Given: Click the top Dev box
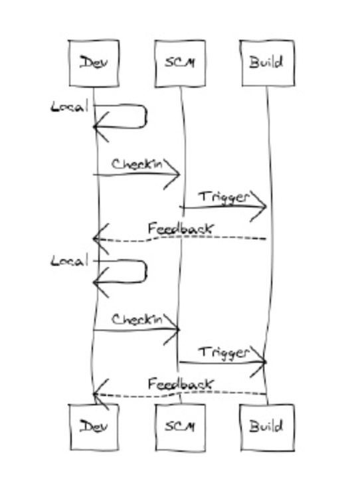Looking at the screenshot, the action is [x=94, y=63].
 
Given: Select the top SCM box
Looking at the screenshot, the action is [x=180, y=63].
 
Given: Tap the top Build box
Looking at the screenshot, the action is [x=267, y=63].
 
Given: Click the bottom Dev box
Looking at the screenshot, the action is [x=94, y=427].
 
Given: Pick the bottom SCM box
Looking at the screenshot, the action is [x=180, y=427].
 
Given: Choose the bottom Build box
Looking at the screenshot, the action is [x=267, y=427].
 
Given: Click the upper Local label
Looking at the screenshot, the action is [x=69, y=106].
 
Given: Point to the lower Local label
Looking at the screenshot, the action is [x=69, y=261].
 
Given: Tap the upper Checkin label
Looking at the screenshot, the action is [x=137, y=164].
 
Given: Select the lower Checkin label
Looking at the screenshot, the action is [x=137, y=319].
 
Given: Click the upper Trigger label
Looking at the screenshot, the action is [x=224, y=197].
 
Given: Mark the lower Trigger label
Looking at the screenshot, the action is [x=224, y=353].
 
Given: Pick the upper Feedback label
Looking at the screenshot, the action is [x=180, y=229].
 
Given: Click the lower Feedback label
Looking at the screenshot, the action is [x=180, y=384].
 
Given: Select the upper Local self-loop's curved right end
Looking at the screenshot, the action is [x=146, y=116].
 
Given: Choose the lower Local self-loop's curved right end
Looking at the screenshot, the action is [x=146, y=272].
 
